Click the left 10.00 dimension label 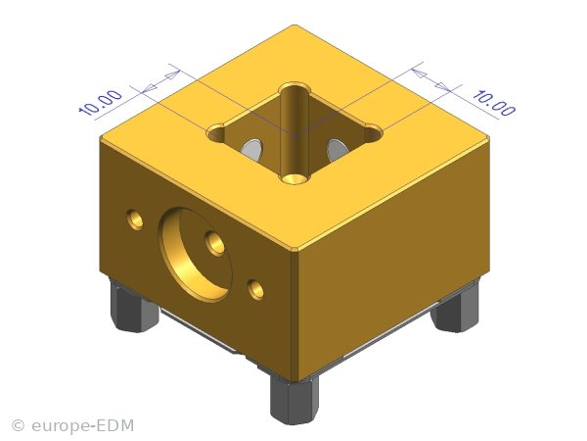[x=101, y=102]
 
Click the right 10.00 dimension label [x=494, y=102]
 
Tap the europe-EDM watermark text [x=82, y=425]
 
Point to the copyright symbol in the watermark [x=18, y=426]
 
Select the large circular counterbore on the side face [x=195, y=255]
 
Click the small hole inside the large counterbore [x=215, y=244]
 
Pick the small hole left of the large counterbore [x=135, y=219]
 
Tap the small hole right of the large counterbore [x=256, y=289]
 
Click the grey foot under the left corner [x=132, y=306]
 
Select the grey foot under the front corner [x=294, y=400]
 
